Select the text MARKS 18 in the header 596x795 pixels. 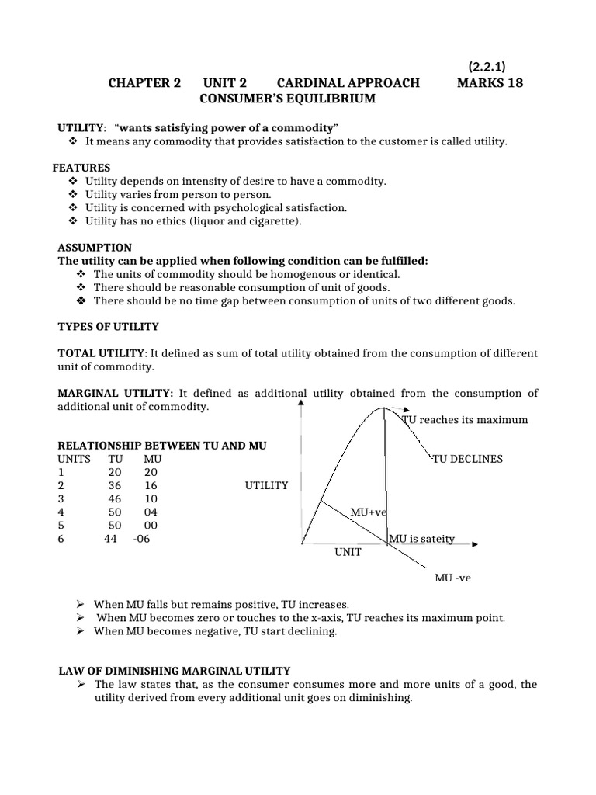(x=490, y=83)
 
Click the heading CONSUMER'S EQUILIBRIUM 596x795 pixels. (x=287, y=99)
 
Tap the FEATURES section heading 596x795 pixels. (x=81, y=168)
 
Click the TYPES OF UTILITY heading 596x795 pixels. (x=109, y=326)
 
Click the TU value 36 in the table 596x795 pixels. (x=114, y=485)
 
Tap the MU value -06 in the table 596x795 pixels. (x=140, y=540)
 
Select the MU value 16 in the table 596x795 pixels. (x=151, y=485)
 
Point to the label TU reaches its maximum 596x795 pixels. (x=465, y=420)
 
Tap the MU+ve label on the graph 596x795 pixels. (x=368, y=513)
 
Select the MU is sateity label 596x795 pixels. (x=421, y=538)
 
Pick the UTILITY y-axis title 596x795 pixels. (x=266, y=485)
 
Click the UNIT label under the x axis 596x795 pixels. (x=348, y=553)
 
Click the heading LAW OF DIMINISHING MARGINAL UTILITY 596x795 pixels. (x=175, y=670)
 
